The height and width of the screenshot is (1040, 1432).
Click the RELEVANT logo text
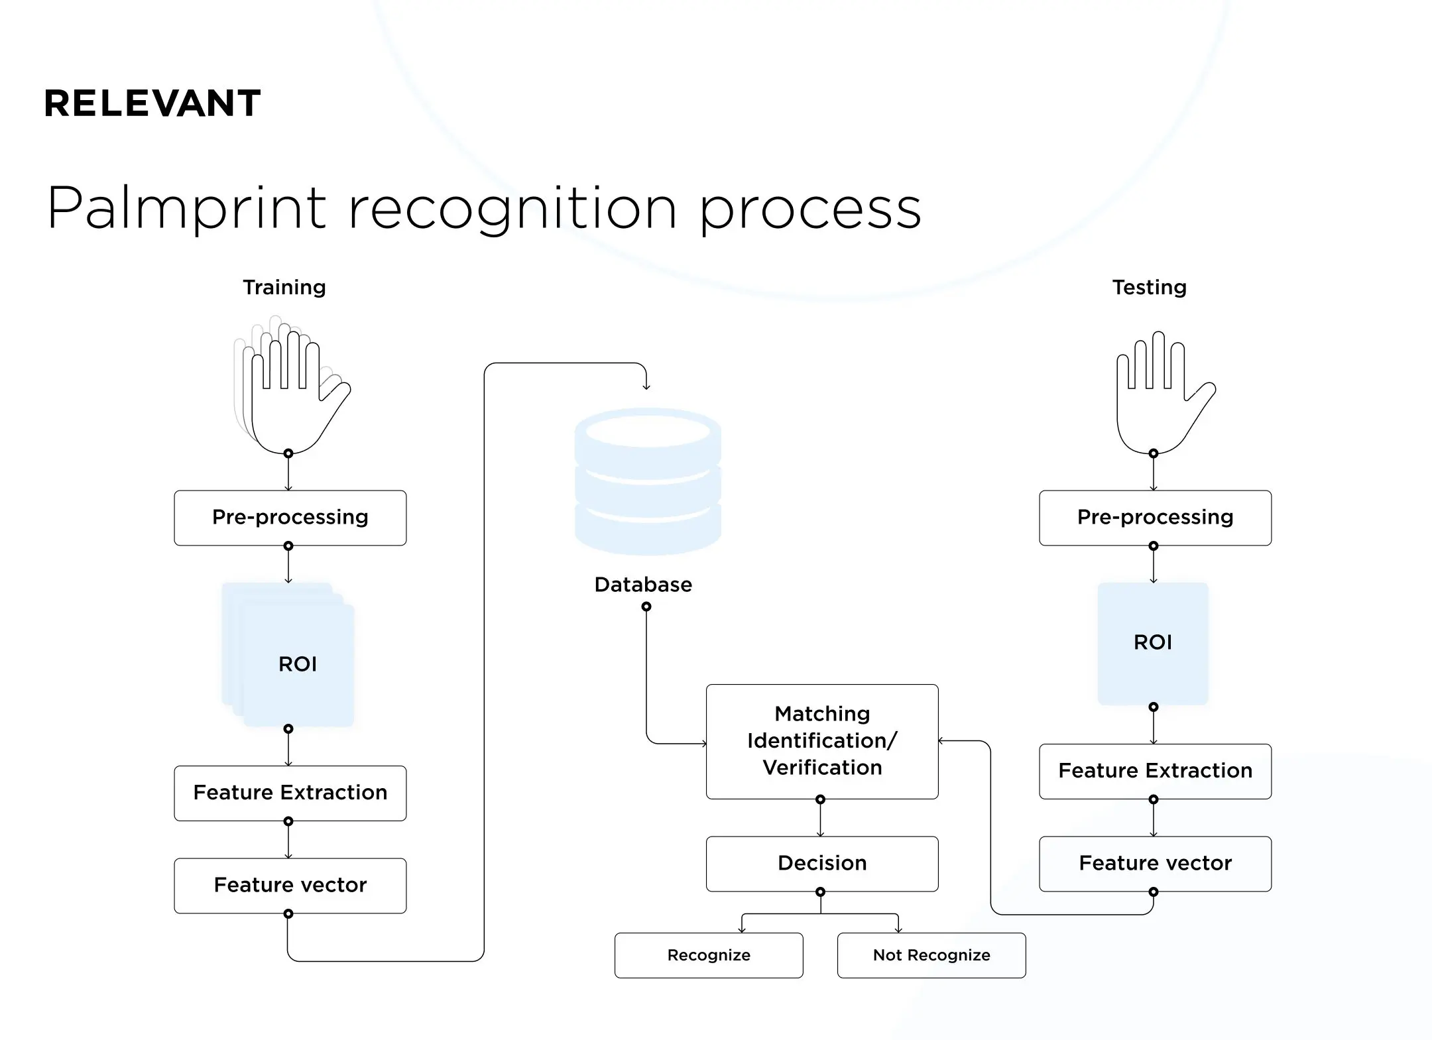(152, 103)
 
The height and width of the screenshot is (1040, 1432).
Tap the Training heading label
(284, 287)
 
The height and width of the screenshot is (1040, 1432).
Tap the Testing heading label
(1149, 287)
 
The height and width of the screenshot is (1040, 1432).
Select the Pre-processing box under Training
(290, 518)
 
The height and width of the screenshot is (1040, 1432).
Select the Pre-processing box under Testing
(1155, 518)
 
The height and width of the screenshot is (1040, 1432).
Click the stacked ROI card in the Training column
(298, 664)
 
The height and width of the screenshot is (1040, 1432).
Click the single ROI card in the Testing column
(1153, 642)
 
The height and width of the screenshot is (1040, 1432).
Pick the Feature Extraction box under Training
(290, 793)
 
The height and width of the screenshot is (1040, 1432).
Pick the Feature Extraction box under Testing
(1155, 771)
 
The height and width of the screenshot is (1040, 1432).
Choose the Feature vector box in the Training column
(290, 886)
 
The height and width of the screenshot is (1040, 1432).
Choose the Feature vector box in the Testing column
(1155, 864)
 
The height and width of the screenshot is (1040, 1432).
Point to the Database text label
(643, 585)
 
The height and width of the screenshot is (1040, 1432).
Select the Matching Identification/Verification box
(822, 741)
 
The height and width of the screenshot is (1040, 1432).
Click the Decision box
(822, 864)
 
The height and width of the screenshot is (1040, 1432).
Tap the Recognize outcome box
(709, 955)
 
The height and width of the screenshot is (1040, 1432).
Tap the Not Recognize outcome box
(931, 955)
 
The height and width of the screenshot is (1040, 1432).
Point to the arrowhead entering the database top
(646, 387)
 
